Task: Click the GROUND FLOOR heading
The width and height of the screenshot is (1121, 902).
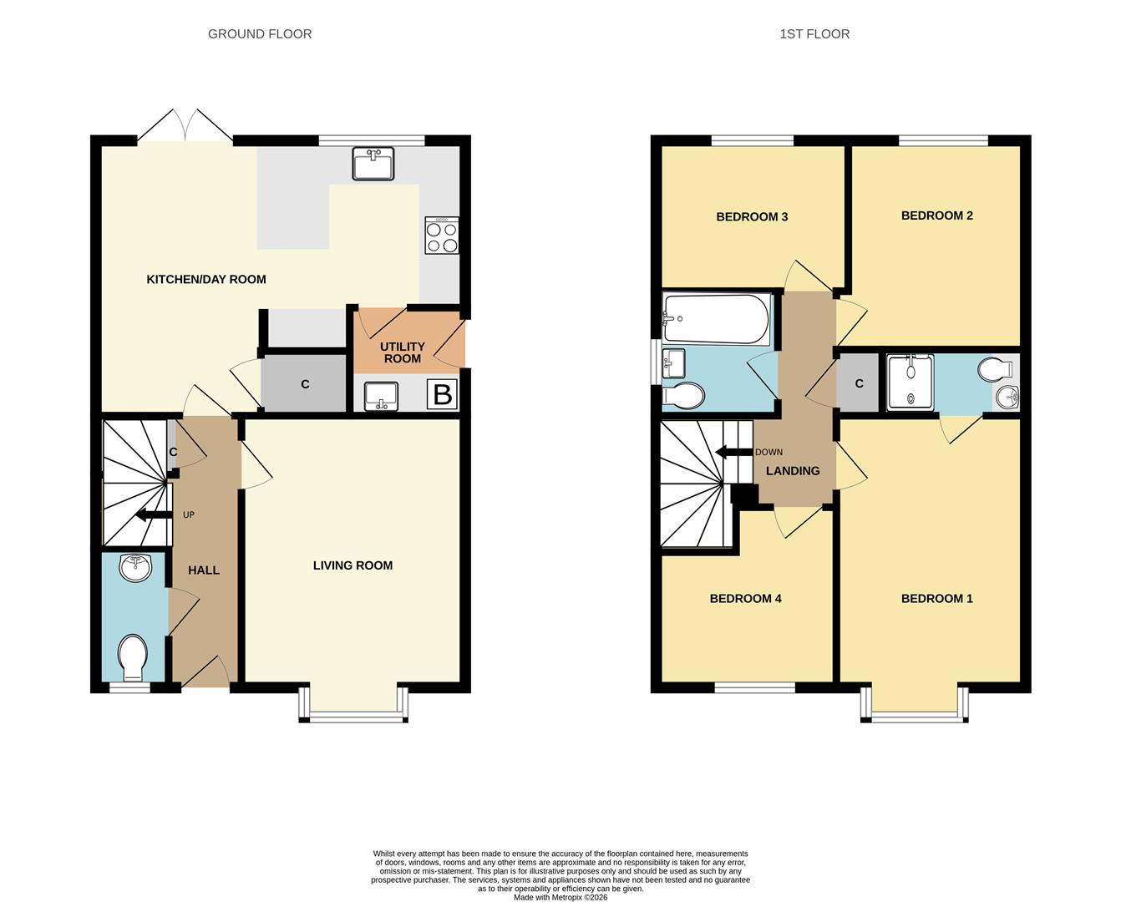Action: coord(260,34)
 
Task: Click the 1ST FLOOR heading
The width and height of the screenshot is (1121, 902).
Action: coord(814,34)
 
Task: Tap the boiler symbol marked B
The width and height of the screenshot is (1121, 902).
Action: coord(442,394)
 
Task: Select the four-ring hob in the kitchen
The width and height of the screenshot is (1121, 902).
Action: coord(442,236)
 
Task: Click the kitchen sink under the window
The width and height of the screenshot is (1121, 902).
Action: coord(373,164)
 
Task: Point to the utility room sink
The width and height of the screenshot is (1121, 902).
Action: coord(381,397)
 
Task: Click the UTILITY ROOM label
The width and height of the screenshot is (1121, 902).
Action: coord(402,352)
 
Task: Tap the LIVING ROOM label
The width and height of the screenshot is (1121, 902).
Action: coord(353,565)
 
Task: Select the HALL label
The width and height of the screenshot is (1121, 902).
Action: coord(204,570)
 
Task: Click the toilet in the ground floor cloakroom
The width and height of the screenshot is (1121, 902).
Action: coord(133,657)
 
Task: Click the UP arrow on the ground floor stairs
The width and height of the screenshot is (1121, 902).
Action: coord(154,515)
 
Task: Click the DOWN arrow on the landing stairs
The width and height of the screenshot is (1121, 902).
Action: coord(734,452)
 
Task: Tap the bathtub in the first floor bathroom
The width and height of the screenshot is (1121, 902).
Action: coord(716,319)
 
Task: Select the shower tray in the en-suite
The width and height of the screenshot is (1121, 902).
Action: coord(910,383)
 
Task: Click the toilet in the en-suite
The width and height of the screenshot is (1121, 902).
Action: coord(997,369)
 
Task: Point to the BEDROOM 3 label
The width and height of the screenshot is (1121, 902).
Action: coord(752,216)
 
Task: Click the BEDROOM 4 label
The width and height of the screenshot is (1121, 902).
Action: coord(745,598)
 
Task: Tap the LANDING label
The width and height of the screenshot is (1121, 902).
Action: coord(793,471)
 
